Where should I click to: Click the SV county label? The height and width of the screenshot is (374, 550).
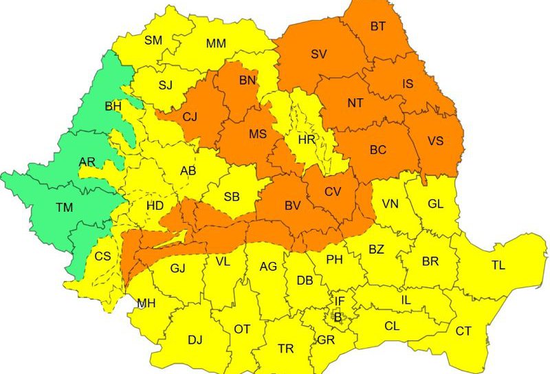[318, 54]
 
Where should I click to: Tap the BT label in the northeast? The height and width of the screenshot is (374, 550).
[378, 26]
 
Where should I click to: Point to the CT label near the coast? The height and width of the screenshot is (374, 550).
[463, 331]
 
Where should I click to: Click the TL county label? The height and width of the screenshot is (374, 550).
[498, 265]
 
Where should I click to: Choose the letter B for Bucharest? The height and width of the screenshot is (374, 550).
[337, 317]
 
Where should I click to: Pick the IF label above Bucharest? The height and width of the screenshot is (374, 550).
[340, 300]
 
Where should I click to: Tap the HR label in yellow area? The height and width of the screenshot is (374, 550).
[307, 140]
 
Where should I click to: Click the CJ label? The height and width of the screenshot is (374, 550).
[190, 116]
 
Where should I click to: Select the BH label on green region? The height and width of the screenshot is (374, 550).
[112, 107]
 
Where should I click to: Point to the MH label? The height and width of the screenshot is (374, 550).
[146, 302]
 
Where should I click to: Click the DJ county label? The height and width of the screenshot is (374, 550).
[195, 339]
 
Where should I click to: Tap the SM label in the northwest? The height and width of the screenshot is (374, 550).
[153, 40]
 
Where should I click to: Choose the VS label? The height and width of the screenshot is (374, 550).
[435, 140]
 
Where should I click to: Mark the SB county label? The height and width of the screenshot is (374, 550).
[232, 197]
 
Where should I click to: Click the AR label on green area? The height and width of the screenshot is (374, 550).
[87, 162]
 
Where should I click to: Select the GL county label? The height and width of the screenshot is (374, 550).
[436, 203]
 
